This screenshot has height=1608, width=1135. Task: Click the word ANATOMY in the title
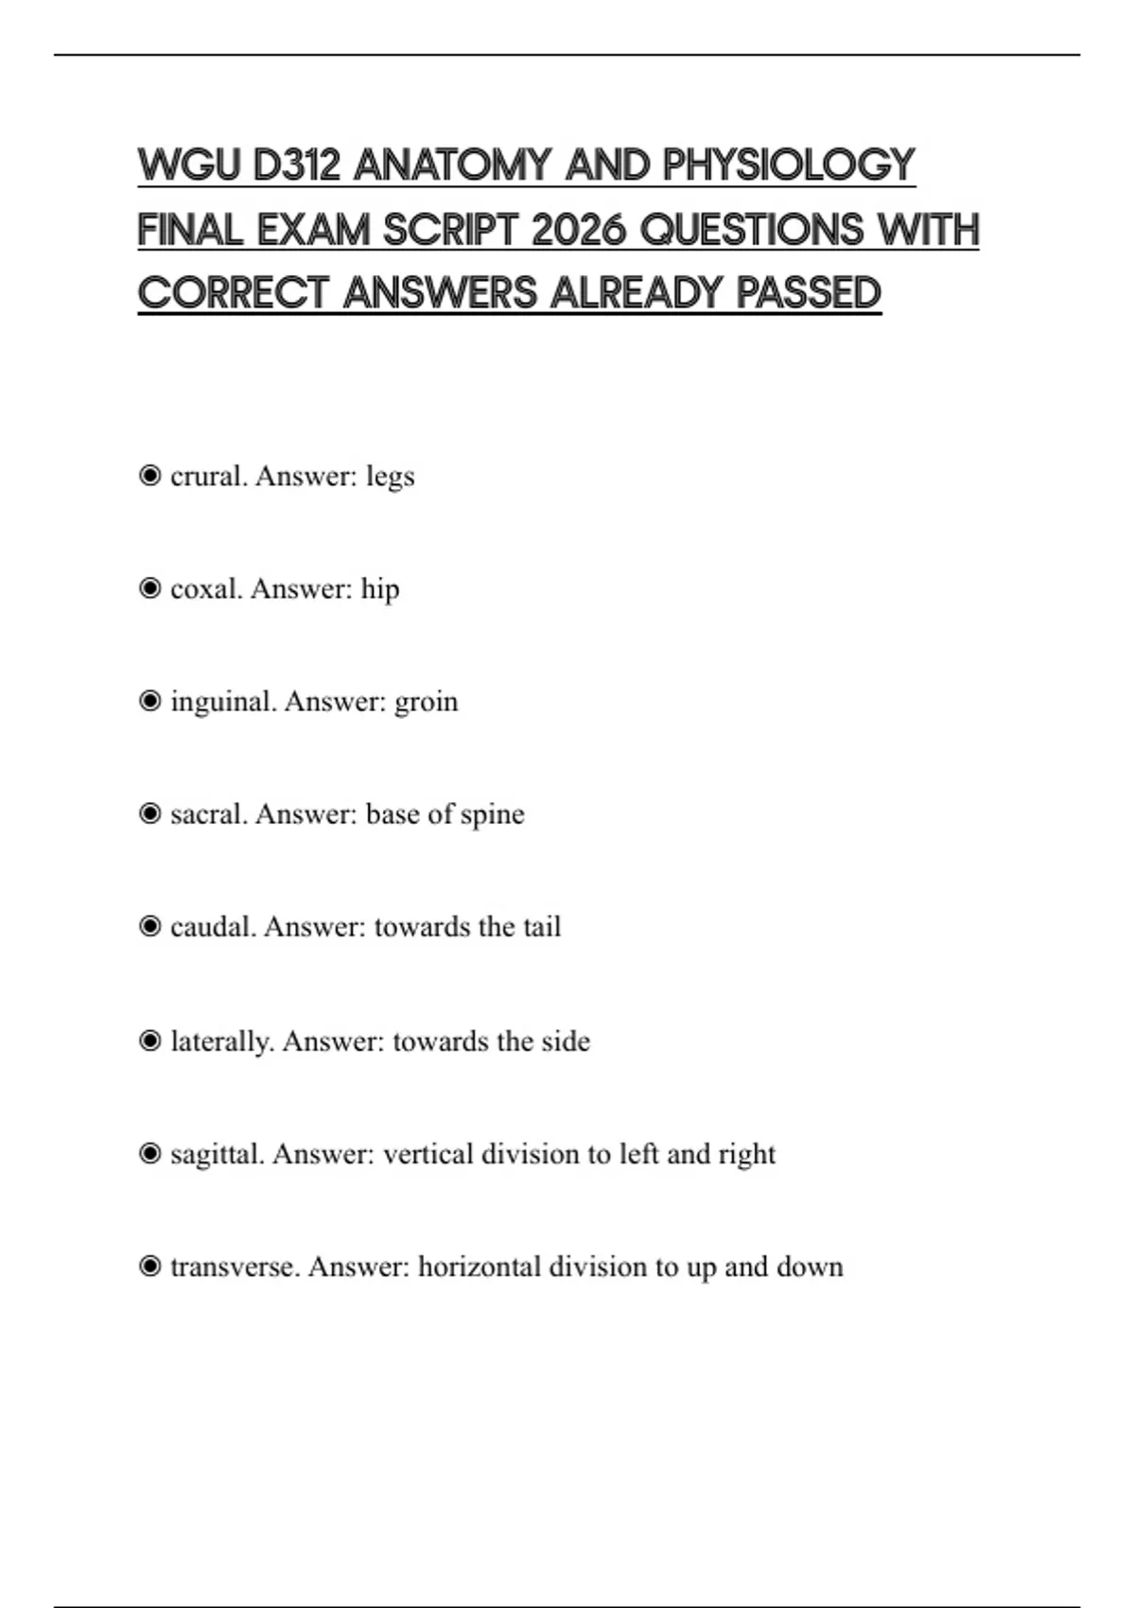452,166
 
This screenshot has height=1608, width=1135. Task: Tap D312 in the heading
296,166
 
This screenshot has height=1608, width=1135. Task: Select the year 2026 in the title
579,230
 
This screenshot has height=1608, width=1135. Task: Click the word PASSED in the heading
809,293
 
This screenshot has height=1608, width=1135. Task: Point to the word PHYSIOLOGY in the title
789,166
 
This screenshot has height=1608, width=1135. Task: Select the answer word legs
391,476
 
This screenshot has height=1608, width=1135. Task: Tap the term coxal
206,588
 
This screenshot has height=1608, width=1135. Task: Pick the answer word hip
380,589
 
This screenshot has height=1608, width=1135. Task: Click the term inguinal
223,702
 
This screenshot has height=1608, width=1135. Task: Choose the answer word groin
426,702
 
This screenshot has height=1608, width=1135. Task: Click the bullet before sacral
149,813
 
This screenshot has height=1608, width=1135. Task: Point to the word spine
492,814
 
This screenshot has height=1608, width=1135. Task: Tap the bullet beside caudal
149,926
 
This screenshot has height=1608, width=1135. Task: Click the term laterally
222,1041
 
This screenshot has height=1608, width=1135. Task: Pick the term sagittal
218,1154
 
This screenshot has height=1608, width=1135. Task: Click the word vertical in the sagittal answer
428,1154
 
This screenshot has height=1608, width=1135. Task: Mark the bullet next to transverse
149,1266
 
